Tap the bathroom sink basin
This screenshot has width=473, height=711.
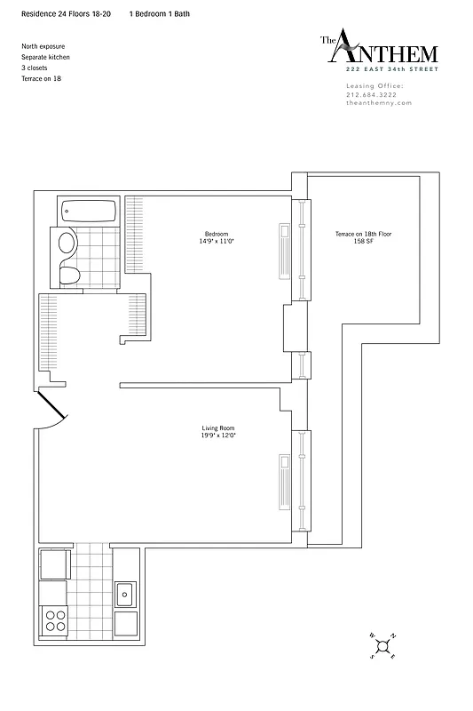(67, 244)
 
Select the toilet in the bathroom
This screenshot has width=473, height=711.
(70, 274)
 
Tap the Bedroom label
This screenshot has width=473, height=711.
(217, 234)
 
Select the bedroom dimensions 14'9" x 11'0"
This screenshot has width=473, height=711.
(217, 241)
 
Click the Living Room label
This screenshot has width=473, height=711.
(217, 428)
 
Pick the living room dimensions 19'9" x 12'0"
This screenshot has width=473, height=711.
(217, 435)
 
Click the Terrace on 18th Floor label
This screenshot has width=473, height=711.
(363, 234)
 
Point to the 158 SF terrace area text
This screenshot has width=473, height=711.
(363, 241)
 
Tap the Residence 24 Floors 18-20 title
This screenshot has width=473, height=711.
(67, 15)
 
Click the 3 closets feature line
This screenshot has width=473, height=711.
(37, 68)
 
